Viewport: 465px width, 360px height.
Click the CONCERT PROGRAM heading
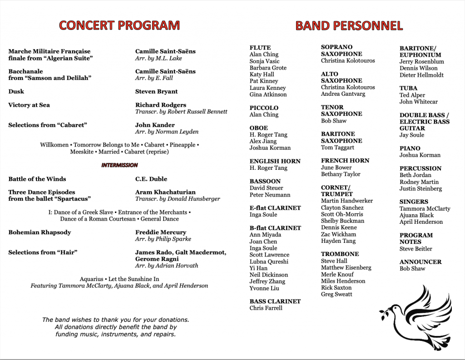tap(119, 25)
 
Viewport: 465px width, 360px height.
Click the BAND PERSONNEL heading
tap(349, 25)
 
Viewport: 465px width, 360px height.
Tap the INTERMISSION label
tap(119, 165)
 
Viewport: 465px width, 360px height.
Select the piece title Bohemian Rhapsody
tap(40, 232)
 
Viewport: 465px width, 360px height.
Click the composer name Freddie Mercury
tap(161, 232)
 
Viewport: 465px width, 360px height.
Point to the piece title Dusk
tap(16, 92)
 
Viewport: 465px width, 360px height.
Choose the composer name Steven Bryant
tap(157, 92)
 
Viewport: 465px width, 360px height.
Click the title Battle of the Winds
tap(37, 179)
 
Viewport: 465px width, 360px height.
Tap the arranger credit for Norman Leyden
tap(167, 132)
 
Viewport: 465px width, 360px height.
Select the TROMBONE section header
tap(340, 254)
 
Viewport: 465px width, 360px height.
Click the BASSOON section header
tap(265, 181)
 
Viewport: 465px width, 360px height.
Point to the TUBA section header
tap(408, 89)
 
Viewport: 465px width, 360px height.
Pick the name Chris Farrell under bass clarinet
tap(266, 308)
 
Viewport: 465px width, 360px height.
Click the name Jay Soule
tap(412, 135)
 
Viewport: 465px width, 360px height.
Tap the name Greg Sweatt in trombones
tap(336, 295)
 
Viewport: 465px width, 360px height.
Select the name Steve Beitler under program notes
tap(416, 249)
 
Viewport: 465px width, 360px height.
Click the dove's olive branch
tap(387, 310)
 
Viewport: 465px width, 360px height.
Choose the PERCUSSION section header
tap(420, 168)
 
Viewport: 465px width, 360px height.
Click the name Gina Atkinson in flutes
tap(268, 95)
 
